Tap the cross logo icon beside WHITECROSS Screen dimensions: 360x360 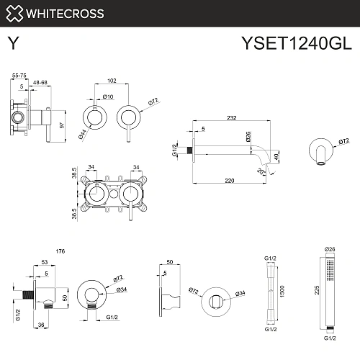tap(15, 13)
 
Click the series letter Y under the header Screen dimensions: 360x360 tap(12, 45)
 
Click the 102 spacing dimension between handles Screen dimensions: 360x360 tap(111, 81)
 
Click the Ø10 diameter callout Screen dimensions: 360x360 tap(108, 97)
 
